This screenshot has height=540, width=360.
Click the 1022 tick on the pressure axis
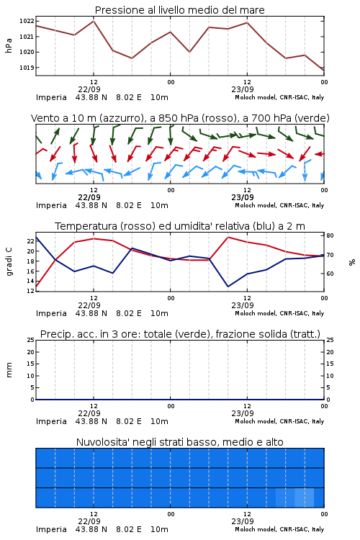[27, 21]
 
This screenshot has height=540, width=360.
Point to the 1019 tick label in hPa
[27, 68]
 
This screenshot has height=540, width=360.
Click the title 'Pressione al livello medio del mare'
[180, 10]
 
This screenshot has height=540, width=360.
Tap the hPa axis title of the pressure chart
[9, 45]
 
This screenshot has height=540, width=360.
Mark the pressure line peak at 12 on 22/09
[94, 21]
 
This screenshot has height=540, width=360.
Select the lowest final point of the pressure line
[324, 71]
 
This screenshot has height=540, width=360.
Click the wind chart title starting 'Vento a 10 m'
[180, 118]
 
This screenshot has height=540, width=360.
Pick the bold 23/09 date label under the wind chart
[243, 197]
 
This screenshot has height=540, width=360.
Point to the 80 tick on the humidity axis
[330, 235]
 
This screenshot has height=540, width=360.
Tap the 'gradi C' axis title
[9, 262]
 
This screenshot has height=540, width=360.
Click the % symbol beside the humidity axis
[352, 262]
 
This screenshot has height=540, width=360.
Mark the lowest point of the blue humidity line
[228, 287]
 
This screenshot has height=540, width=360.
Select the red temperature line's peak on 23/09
[228, 237]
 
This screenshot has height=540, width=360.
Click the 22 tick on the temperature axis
[30, 241]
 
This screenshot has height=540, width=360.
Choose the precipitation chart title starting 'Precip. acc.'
[180, 334]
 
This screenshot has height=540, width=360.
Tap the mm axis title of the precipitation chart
[9, 370]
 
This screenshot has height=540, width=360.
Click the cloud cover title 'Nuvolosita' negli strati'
[180, 442]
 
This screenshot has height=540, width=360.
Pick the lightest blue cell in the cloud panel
[304, 498]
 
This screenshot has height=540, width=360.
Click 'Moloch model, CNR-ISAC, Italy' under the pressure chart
[279, 97]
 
